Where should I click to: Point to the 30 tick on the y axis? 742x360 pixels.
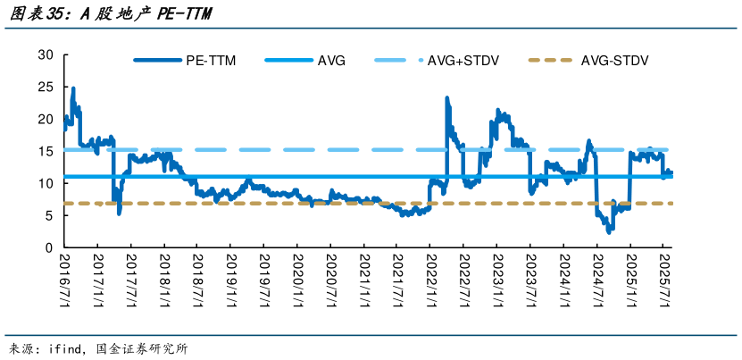46,55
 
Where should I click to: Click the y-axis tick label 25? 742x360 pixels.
46,88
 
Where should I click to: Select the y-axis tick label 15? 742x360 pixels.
46,151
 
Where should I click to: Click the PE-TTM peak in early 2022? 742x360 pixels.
446,98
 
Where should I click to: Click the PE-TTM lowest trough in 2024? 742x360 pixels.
609,230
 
